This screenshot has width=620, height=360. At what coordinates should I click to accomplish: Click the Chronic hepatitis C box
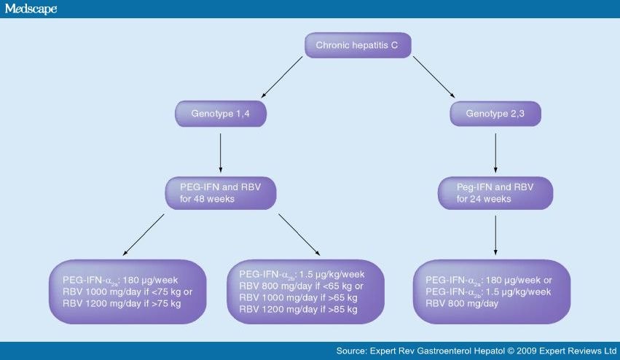point(357,45)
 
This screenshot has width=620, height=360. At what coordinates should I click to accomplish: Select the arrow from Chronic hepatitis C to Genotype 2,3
point(433,79)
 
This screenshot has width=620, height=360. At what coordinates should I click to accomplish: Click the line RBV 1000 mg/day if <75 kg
point(117,291)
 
